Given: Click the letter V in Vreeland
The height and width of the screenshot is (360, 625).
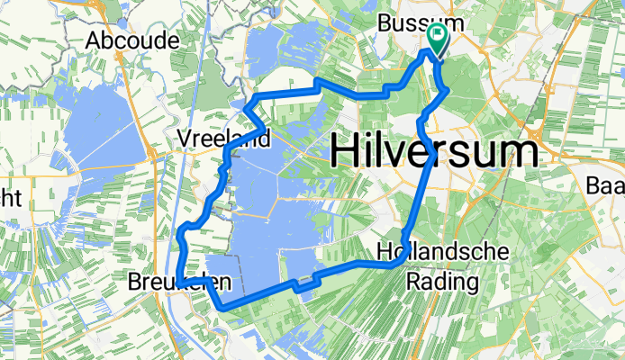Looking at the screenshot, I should tap(185, 139).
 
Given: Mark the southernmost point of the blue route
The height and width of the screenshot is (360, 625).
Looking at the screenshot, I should tap(222, 308).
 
